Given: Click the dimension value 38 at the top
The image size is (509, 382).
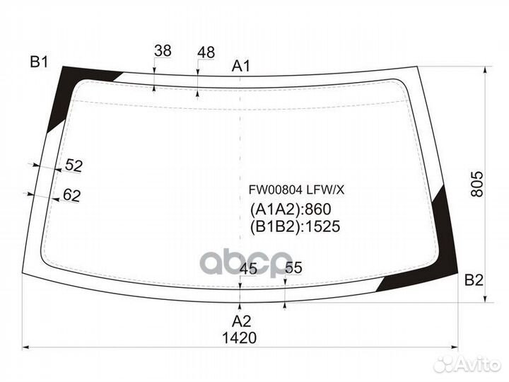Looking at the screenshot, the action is tap(163, 51).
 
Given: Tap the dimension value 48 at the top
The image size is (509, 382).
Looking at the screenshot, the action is tap(206, 52).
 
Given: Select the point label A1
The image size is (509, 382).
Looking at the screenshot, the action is tap(241, 66).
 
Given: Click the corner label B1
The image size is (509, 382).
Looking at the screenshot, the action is tap(39, 62).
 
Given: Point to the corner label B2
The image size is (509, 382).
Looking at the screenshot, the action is tap(474, 280).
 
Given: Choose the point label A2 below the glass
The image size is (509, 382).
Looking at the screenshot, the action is tap(242, 321).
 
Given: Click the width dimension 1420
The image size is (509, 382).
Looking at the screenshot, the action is tap(239, 338).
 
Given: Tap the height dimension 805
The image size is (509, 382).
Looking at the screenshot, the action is tap(477, 184).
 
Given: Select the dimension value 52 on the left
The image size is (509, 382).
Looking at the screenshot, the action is tap(74, 166).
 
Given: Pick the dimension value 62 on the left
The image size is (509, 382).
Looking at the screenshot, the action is tap(71, 195).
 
